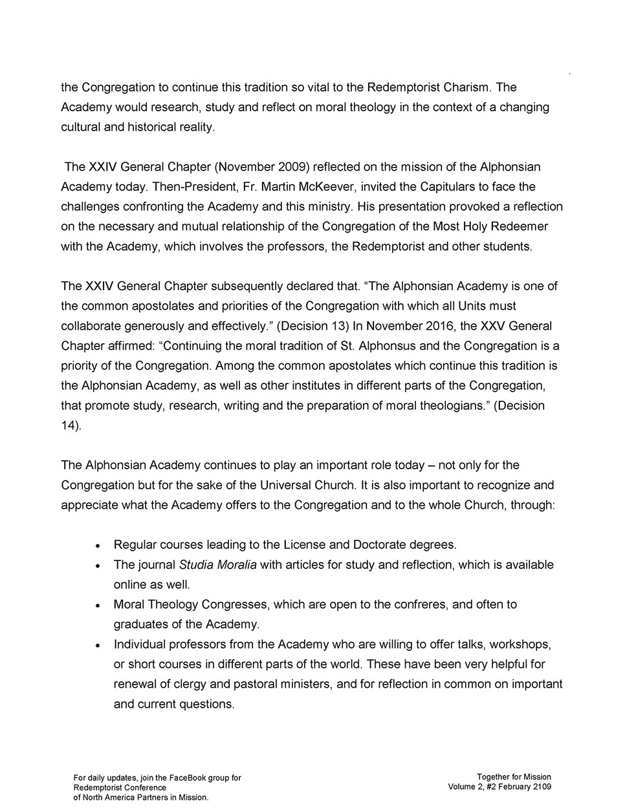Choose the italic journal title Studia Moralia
tap(217, 565)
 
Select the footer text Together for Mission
tap(514, 777)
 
